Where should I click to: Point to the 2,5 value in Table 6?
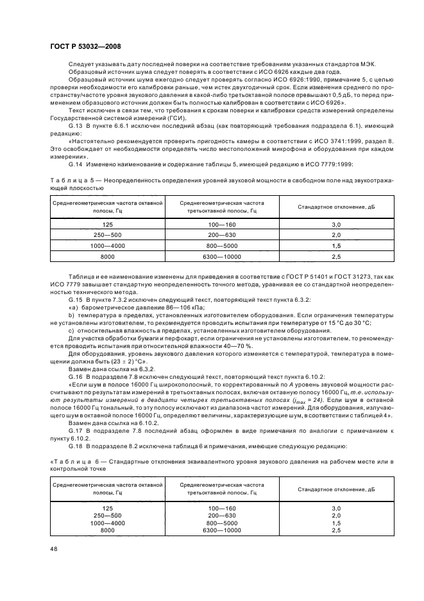point(336,530)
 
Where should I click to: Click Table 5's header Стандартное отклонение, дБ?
point(336,207)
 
